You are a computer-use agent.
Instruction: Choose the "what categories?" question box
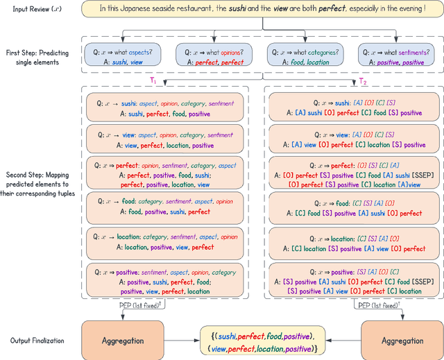[x=306, y=55]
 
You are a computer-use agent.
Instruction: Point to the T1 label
[x=153, y=81]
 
